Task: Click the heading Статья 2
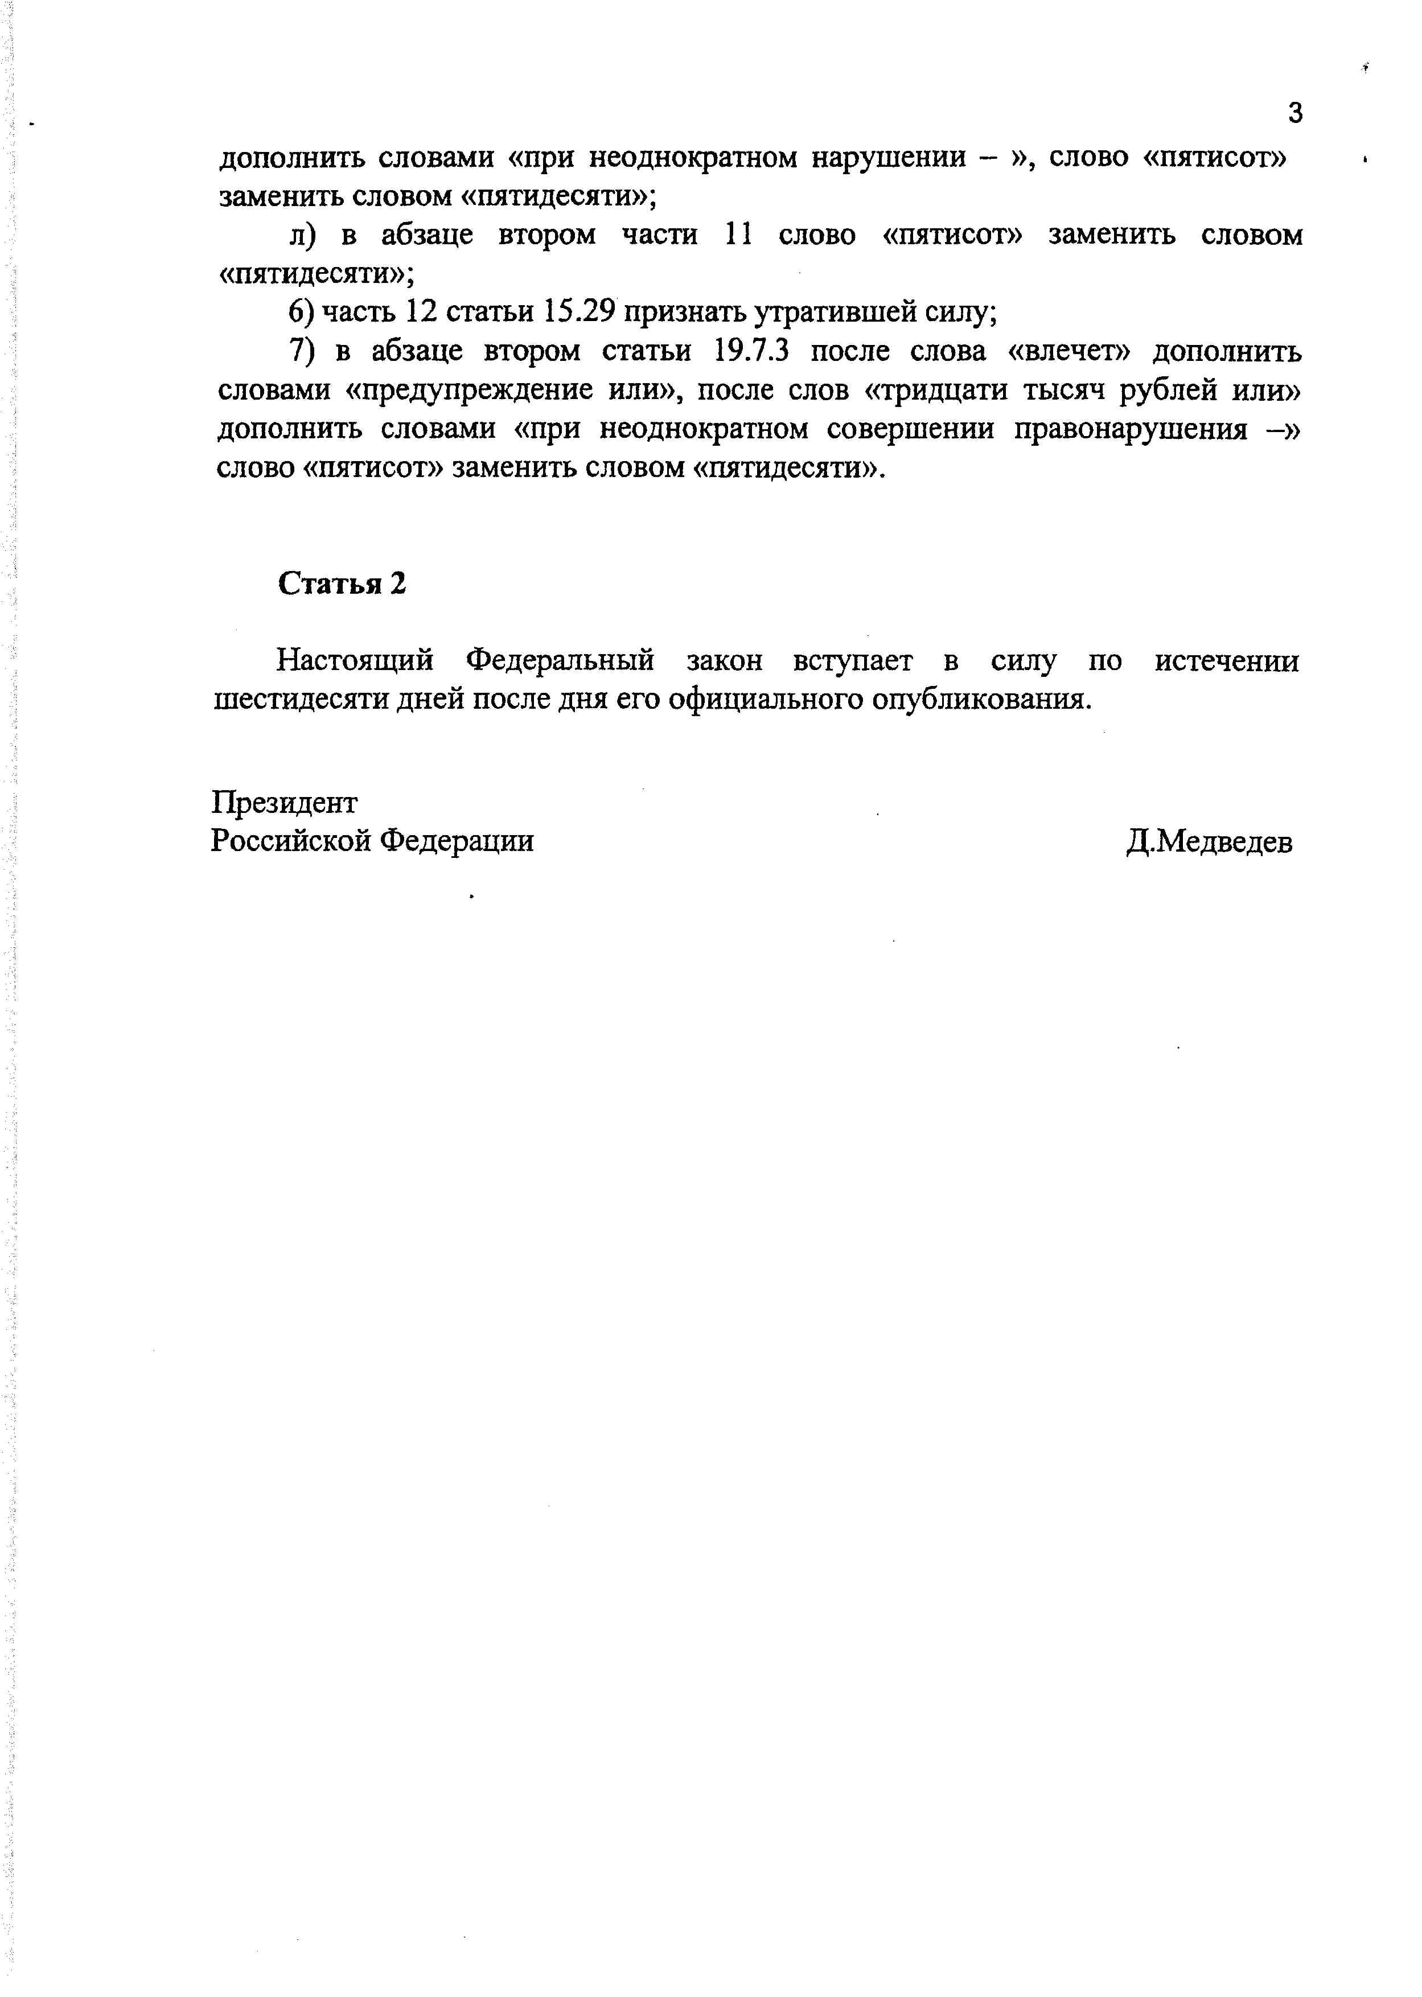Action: pos(342,583)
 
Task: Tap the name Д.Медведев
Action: pos(1209,842)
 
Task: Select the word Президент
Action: pos(285,802)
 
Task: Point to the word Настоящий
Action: pos(355,661)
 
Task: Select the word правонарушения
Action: pos(1131,429)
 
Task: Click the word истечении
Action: pos(1226,661)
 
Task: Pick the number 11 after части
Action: pos(739,235)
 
